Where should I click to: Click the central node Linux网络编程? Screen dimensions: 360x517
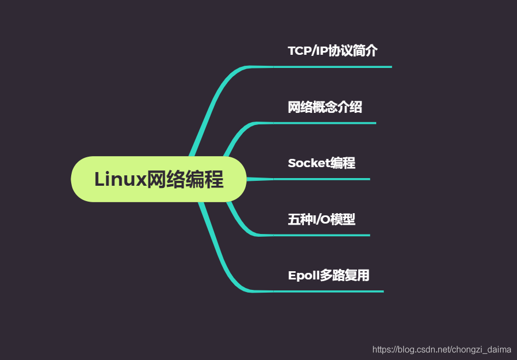coord(159,179)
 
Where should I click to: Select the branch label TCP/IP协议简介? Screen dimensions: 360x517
coord(332,51)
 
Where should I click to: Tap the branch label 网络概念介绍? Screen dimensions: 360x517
coord(325,107)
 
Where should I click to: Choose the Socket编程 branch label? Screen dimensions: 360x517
coord(321,163)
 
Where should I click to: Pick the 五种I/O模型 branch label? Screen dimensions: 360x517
coord(321,219)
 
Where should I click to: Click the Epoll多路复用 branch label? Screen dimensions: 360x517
coord(329,275)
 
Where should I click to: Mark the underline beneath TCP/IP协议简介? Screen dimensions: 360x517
coord(332,67)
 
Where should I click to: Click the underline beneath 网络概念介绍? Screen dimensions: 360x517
coord(325,123)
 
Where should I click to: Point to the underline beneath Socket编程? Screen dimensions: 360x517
coord(321,179)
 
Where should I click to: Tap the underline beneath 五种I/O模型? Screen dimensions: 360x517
coord(321,235)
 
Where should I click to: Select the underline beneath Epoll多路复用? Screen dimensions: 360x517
coord(329,291)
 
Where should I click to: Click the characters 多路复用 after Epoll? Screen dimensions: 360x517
coord(344,275)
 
